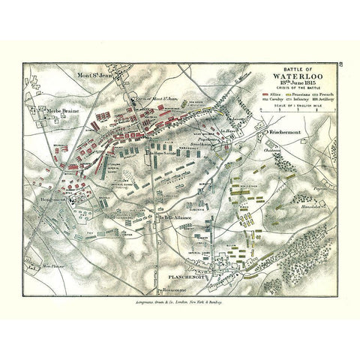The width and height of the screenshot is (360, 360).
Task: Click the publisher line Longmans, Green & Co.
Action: pos(180,298)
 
